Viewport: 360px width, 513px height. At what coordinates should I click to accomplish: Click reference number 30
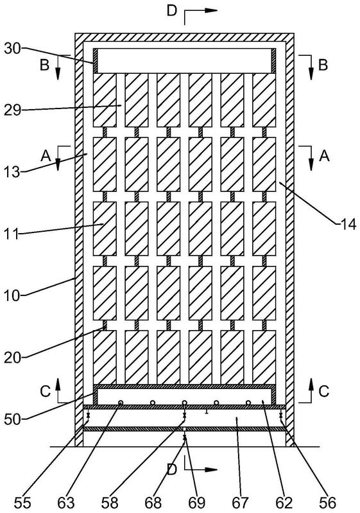pos(12,49)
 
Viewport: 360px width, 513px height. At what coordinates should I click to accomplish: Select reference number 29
pos(12,110)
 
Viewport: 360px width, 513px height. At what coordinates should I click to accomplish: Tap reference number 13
pos(12,172)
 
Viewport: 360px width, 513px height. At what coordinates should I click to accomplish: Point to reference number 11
pos(11,235)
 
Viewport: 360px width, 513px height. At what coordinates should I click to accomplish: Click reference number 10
pos(12,296)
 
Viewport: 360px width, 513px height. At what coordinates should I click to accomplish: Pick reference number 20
pos(12,358)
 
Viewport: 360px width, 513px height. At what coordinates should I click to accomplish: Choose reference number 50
pos(12,419)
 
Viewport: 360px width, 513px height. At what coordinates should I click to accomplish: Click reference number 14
pos(348,225)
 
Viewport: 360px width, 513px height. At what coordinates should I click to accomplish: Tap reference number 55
pos(22,503)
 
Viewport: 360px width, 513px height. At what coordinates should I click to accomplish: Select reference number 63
pos(65,503)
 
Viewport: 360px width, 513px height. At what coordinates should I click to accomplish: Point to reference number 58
pos(110,503)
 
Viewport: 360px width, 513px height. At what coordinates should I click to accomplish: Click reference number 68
pos(153,503)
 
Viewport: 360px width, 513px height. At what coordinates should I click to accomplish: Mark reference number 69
pos(197,503)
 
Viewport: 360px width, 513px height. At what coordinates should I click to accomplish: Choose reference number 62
pos(284,503)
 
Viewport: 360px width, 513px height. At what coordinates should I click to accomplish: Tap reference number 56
pos(327,503)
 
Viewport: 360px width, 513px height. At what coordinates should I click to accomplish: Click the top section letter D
pos(172,10)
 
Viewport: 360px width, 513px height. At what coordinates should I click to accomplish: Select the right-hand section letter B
pos(323,65)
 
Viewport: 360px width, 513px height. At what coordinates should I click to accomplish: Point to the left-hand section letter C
pos(45,391)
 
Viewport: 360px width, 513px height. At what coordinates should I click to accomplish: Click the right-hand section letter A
pos(323,157)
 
